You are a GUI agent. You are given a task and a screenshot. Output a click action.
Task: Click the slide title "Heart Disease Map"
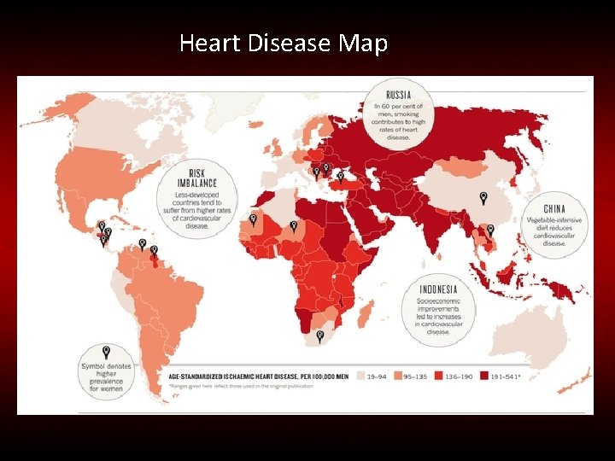(284, 43)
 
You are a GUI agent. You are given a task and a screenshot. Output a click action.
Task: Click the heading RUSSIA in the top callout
(398, 94)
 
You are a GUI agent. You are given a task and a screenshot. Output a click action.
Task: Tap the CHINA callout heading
(554, 209)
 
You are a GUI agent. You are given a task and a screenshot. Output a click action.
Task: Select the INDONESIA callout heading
(438, 289)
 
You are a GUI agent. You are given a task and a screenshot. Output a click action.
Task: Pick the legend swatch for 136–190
(438, 375)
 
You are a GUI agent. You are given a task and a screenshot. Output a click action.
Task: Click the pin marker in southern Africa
(319, 336)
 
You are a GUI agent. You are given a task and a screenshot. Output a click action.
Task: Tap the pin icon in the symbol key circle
(106, 351)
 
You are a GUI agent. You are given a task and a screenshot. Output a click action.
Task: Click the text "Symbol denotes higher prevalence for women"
(106, 376)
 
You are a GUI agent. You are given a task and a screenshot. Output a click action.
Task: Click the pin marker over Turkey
(339, 177)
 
